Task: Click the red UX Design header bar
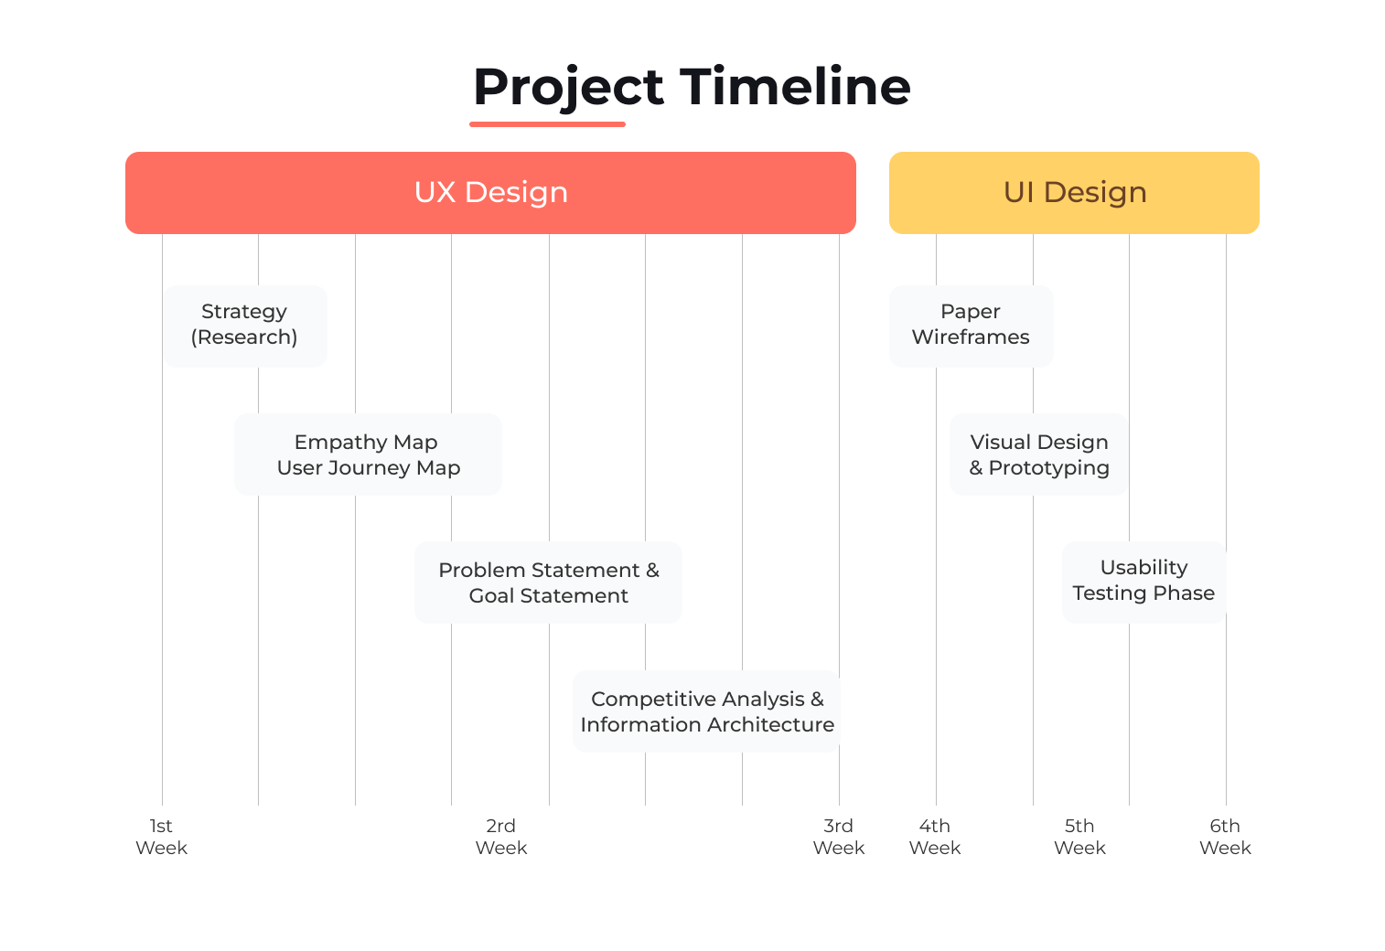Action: (490, 193)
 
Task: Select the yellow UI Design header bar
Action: (1074, 193)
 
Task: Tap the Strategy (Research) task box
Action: (245, 326)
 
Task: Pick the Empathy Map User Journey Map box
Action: (368, 454)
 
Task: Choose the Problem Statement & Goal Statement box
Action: (548, 582)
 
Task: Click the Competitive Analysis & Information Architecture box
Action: (706, 711)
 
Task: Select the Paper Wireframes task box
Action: (971, 326)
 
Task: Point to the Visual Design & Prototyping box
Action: (1038, 454)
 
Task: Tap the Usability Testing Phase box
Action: (1143, 582)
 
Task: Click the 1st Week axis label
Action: (161, 837)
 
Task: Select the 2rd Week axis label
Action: (501, 837)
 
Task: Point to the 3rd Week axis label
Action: (838, 837)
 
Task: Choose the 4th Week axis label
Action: (934, 837)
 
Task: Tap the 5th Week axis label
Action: (1079, 837)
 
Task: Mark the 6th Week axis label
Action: (1225, 837)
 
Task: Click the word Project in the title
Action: (568, 88)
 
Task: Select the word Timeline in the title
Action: (795, 87)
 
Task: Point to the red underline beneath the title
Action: (547, 124)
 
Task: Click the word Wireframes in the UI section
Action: (971, 337)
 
